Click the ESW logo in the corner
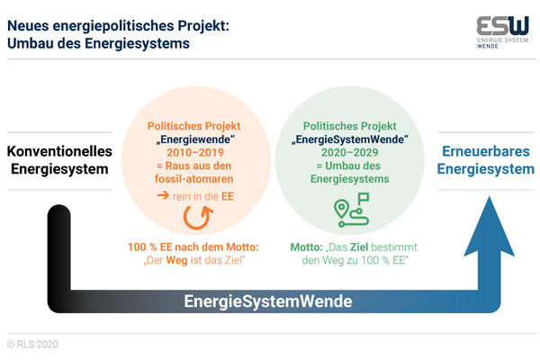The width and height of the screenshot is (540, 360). [502, 32]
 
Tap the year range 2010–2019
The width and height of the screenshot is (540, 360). [195, 152]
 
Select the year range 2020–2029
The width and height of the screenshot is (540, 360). [349, 152]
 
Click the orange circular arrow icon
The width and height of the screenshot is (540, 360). [198, 218]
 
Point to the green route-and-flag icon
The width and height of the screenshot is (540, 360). [352, 210]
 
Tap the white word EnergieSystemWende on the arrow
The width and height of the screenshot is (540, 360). [268, 301]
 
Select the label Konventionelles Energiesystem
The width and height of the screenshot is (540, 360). [59, 160]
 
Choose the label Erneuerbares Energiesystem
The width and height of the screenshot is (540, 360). [486, 160]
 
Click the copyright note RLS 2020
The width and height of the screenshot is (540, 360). [32, 344]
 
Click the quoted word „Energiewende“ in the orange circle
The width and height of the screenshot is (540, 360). [195, 139]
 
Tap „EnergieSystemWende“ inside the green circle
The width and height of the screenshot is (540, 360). [350, 139]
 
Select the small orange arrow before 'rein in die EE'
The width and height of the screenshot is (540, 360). [163, 195]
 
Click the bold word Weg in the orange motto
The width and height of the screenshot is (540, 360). [176, 260]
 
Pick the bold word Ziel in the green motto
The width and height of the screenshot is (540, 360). [359, 247]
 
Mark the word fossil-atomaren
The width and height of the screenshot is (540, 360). [193, 179]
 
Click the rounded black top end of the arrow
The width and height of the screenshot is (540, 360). [58, 211]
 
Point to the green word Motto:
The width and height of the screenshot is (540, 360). [306, 247]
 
